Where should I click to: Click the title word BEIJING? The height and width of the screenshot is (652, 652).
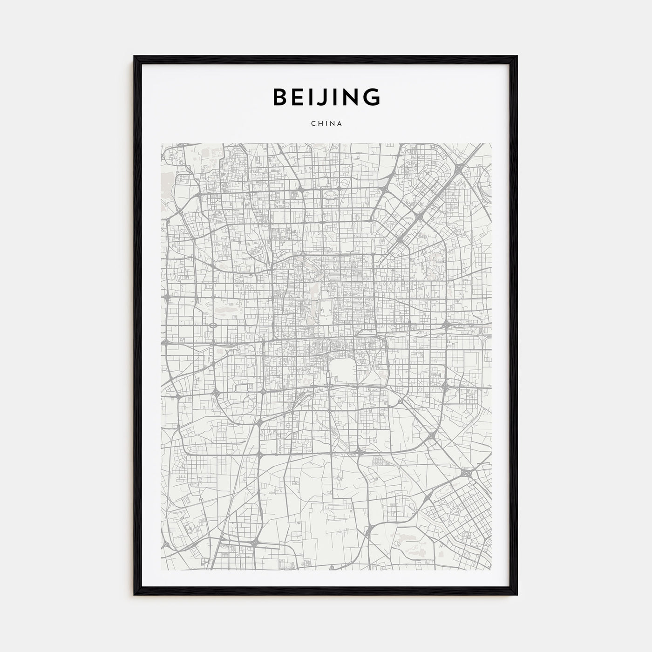click(326, 97)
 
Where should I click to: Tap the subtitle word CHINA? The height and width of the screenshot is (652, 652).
click(326, 124)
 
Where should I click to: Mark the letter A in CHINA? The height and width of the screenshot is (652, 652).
click(340, 124)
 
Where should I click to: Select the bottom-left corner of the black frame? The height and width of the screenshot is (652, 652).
click(135, 595)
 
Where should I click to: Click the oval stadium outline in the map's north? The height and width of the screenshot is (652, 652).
click(332, 196)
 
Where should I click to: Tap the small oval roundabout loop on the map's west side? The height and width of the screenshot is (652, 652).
click(213, 325)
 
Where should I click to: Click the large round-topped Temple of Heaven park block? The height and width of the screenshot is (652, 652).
click(343, 371)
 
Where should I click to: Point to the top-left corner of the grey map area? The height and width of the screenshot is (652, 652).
click(161, 143)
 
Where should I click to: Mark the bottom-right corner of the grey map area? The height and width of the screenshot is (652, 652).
click(491, 569)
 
